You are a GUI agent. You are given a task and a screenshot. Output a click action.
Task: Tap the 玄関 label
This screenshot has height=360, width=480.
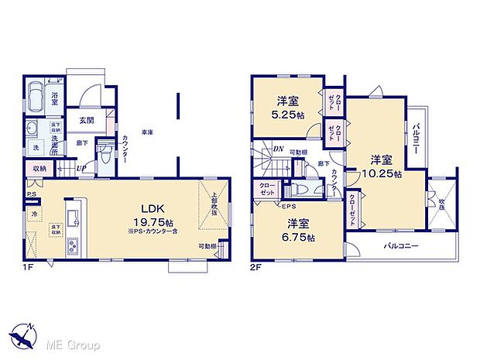pos(86,120)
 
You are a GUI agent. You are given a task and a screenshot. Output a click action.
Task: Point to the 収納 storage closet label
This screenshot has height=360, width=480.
pos(39,166)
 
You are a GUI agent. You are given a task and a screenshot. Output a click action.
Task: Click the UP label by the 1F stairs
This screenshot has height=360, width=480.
pos(80,167)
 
